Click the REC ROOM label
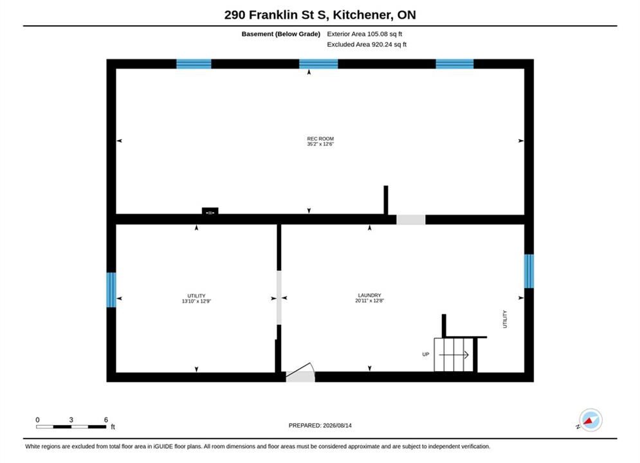320,139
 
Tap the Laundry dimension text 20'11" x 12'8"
369,301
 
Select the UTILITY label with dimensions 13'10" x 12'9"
196,298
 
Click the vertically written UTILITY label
505,319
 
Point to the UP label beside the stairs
426,354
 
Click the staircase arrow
453,355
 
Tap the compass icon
590,420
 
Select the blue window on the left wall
111,289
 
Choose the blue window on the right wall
529,271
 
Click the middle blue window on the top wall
318,64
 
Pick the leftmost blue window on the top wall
194,64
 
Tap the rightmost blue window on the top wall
455,64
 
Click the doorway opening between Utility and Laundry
279,298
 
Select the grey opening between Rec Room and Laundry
411,219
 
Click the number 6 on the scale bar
106,419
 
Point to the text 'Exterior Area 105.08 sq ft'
365,34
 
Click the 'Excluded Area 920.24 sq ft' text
367,44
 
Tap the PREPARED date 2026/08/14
337,425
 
